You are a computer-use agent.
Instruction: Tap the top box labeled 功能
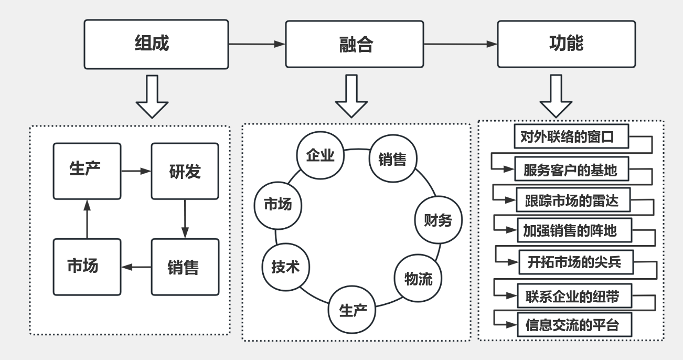pyautogui.click(x=566, y=44)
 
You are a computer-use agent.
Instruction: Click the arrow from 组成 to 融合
pyautogui.click(x=257, y=45)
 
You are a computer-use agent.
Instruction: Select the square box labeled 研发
pyautogui.click(x=185, y=171)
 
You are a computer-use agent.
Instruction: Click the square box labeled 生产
pyautogui.click(x=87, y=170)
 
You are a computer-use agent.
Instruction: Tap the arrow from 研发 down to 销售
pyautogui.click(x=185, y=219)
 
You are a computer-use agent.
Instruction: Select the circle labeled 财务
pyautogui.click(x=437, y=219)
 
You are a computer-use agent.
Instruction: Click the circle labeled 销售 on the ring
pyautogui.click(x=392, y=158)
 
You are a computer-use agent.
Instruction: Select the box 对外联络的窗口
pyautogui.click(x=571, y=138)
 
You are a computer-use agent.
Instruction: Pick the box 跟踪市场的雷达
pyautogui.click(x=572, y=200)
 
